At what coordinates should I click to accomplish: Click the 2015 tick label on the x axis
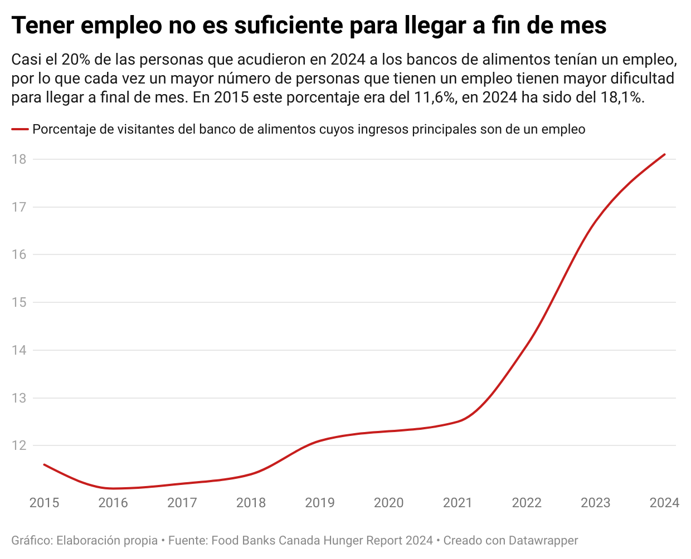[44, 503]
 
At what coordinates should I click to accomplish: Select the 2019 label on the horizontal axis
[320, 503]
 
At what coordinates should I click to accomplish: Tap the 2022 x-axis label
[527, 503]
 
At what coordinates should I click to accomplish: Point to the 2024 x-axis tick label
[664, 503]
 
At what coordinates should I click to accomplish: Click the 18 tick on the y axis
[19, 159]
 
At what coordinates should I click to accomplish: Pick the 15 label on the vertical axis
[19, 302]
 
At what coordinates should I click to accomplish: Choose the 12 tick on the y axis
[19, 445]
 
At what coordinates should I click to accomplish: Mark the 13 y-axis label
[19, 398]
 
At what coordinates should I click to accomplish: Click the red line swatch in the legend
[20, 130]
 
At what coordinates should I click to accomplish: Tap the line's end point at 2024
[664, 154]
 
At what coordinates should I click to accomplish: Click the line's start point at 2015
[44, 464]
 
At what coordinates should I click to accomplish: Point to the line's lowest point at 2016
[113, 488]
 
